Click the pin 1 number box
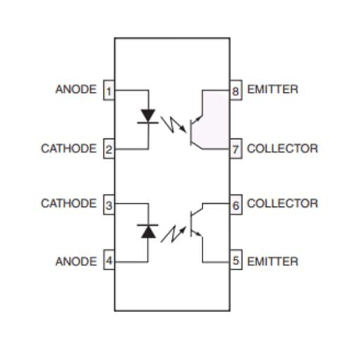click(109, 90)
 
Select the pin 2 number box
click(109, 149)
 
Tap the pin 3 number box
click(109, 205)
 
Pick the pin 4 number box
click(109, 260)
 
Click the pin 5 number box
click(236, 260)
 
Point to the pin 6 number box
click(236, 205)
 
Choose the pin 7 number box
click(236, 149)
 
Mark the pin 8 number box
click(236, 90)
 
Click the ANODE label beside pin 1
click(76, 90)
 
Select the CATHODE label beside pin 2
click(68, 148)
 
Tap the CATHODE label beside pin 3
click(68, 203)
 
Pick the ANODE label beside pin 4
click(76, 261)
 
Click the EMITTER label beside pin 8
click(272, 90)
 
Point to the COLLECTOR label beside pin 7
click(282, 148)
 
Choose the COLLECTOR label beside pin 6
click(282, 203)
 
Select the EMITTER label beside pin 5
click(272, 261)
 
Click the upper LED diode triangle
click(148, 115)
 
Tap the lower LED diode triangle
click(148, 232)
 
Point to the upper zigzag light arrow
click(173, 124)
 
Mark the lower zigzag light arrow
click(173, 234)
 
